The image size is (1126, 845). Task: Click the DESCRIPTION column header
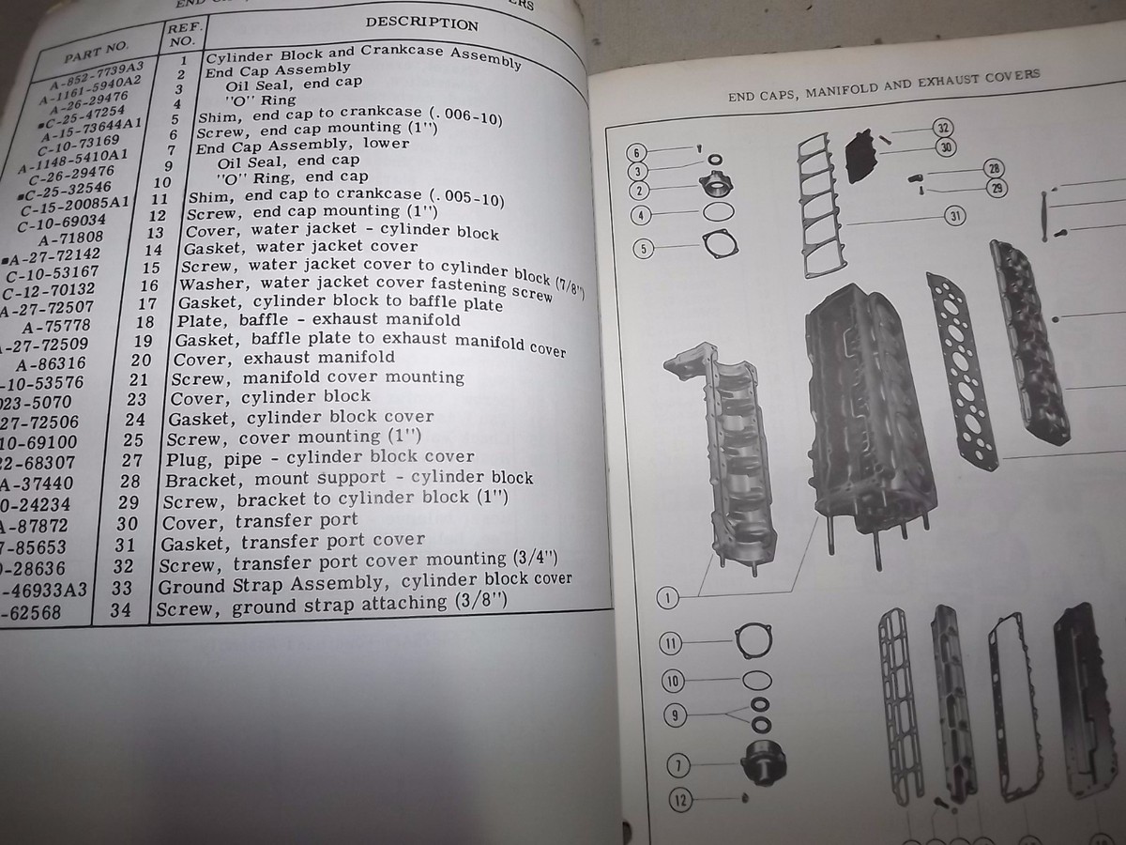(421, 23)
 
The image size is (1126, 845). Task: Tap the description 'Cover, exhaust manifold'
(281, 358)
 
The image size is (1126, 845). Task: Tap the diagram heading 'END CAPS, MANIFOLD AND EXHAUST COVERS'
(884, 86)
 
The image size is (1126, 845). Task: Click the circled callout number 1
(668, 598)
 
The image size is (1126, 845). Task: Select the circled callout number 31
(955, 217)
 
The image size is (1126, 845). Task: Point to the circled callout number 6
(636, 153)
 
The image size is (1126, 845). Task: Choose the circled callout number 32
(943, 129)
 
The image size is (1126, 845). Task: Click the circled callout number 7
(677, 762)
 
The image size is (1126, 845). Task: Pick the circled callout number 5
(643, 250)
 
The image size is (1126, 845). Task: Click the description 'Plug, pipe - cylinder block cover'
(320, 458)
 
